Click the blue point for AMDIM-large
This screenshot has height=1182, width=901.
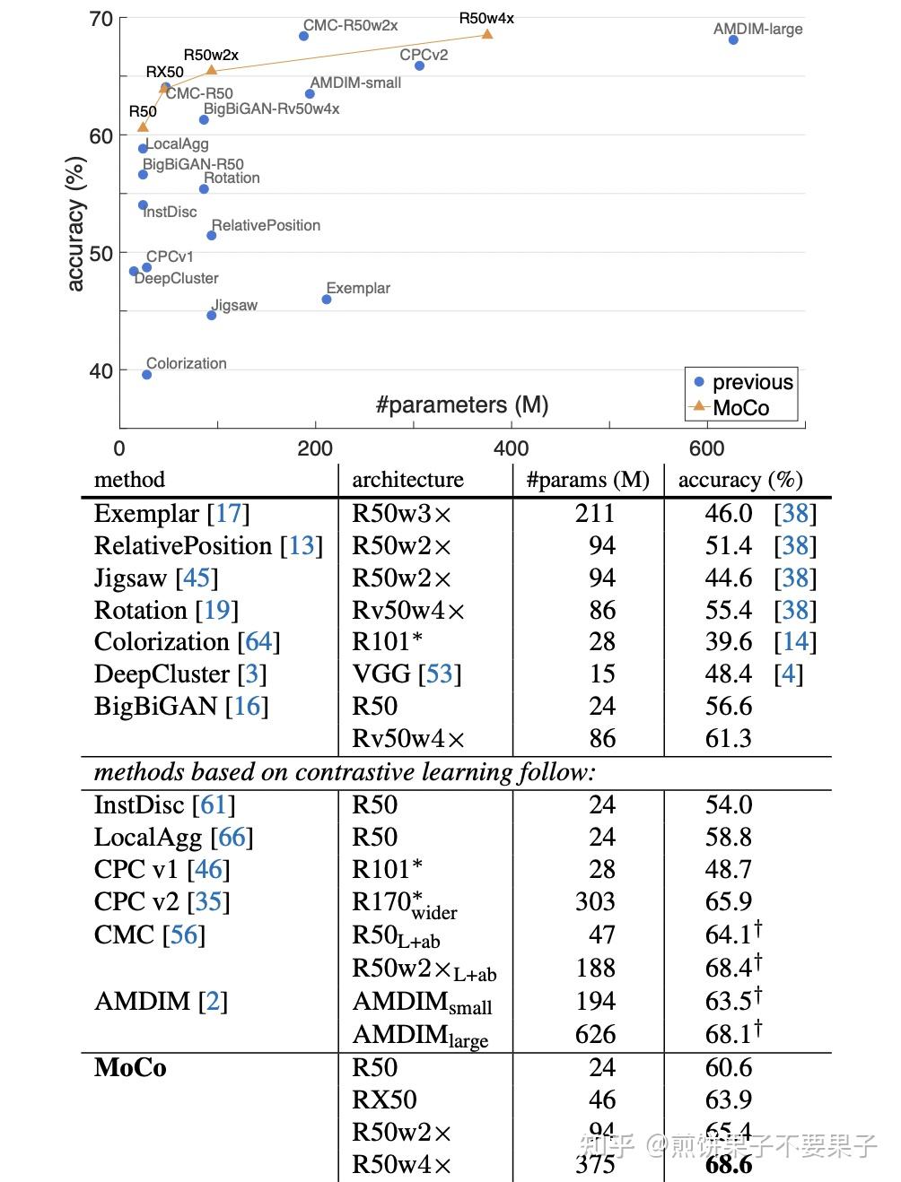pyautogui.click(x=733, y=40)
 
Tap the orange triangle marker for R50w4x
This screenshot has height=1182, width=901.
pyautogui.click(x=487, y=34)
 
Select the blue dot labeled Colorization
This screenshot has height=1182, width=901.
pyautogui.click(x=147, y=375)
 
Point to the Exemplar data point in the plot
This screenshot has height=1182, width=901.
pyautogui.click(x=327, y=300)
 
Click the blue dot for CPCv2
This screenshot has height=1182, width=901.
pyautogui.click(x=419, y=66)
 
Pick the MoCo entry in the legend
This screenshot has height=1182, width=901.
pyautogui.click(x=740, y=408)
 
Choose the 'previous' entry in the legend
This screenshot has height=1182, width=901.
pyautogui.click(x=752, y=382)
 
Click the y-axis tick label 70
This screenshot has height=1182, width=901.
pyautogui.click(x=101, y=19)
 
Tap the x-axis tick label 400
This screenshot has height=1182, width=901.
pyautogui.click(x=511, y=448)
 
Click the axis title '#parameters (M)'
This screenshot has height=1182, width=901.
pyautogui.click(x=462, y=404)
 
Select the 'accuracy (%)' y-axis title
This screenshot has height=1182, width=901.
pyautogui.click(x=75, y=223)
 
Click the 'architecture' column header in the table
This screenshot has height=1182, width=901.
pyautogui.click(x=407, y=480)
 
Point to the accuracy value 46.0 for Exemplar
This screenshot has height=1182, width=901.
pyautogui.click(x=728, y=514)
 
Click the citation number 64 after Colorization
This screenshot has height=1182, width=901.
pyautogui.click(x=258, y=642)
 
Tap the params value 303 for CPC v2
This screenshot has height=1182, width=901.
pyautogui.click(x=595, y=902)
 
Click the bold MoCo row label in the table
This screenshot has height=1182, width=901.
pyautogui.click(x=130, y=1068)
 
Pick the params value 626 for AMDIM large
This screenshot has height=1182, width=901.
pyautogui.click(x=595, y=1035)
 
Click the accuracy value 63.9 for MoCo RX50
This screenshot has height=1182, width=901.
pyautogui.click(x=728, y=1100)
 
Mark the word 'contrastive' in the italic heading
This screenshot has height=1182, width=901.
pyautogui.click(x=360, y=772)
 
